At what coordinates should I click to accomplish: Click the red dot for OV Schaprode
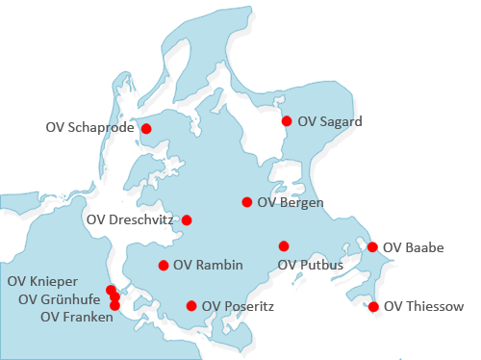(147, 128)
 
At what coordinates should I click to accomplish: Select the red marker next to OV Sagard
(287, 121)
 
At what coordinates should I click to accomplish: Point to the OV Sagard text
(330, 121)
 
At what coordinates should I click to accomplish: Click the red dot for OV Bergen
(247, 202)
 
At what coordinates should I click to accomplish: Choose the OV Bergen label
(291, 202)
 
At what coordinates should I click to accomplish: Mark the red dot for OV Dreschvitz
(187, 219)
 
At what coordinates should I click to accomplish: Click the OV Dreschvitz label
(130, 219)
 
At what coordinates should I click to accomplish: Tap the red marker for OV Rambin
(164, 266)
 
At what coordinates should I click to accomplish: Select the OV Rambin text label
(207, 266)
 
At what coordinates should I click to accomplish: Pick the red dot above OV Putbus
(284, 245)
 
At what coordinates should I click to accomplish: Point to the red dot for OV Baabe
(373, 247)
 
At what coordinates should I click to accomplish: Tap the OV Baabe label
(414, 247)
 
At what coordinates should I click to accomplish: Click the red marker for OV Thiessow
(373, 307)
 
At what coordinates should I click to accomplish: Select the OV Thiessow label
(423, 307)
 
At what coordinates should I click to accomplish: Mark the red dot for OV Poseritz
(191, 306)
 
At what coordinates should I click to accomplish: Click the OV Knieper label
(42, 281)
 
